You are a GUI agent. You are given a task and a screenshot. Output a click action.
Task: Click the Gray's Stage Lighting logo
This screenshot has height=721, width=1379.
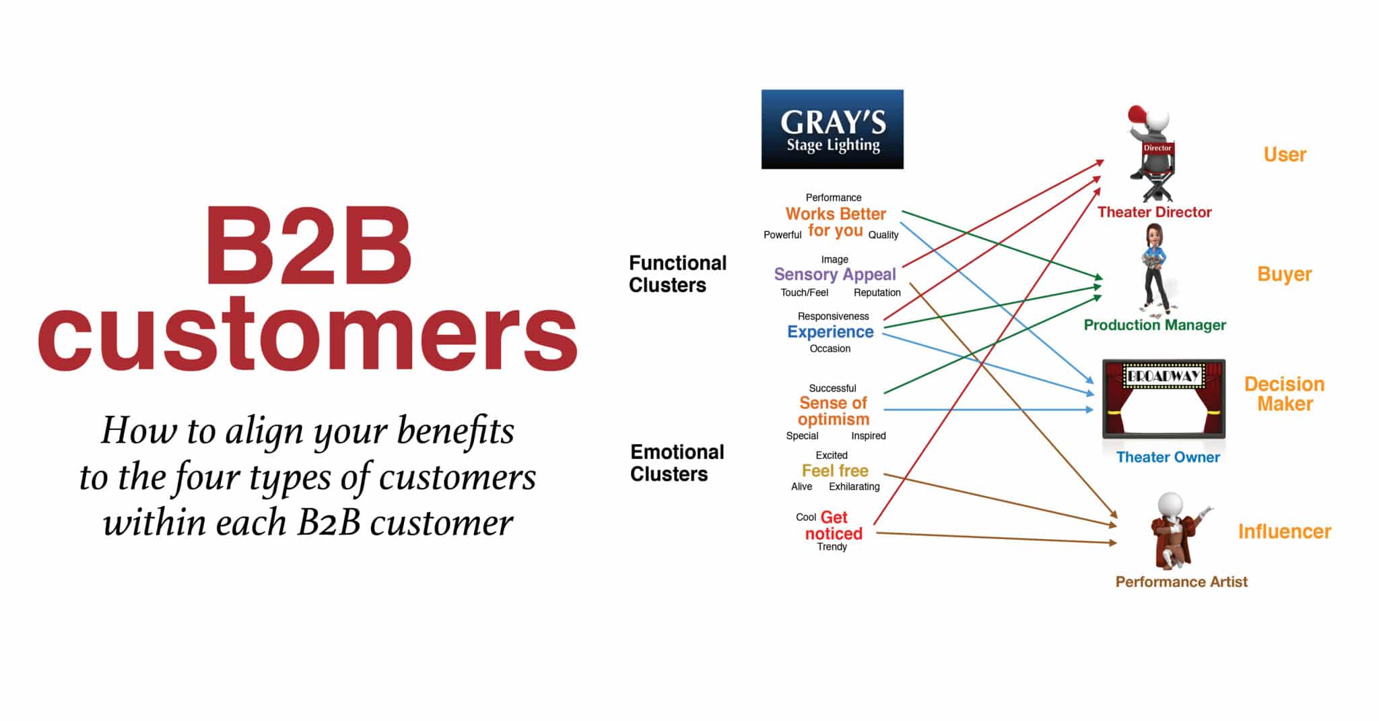click(x=832, y=129)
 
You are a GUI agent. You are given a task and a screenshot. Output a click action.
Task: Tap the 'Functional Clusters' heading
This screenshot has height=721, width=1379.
click(x=677, y=274)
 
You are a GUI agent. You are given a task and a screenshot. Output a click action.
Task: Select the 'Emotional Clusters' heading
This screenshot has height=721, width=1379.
click(x=677, y=463)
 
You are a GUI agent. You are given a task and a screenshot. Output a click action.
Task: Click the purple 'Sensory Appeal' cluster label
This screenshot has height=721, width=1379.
click(x=835, y=275)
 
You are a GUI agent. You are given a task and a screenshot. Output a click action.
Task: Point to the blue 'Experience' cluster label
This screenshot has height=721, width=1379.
click(x=830, y=332)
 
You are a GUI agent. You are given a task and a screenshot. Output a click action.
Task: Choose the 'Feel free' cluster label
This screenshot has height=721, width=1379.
click(x=835, y=470)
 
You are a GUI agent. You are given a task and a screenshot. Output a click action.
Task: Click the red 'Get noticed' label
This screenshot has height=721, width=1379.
click(x=834, y=526)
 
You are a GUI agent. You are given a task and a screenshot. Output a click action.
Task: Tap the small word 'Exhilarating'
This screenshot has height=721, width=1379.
click(x=854, y=487)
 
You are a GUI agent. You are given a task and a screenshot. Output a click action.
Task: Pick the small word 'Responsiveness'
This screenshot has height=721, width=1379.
click(x=833, y=316)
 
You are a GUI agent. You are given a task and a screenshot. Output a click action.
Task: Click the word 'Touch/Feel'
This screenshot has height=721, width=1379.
click(x=804, y=292)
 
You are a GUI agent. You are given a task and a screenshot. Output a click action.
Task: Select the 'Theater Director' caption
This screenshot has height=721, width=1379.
click(x=1154, y=212)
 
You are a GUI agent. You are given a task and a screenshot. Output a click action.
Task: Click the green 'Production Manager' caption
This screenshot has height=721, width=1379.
click(x=1155, y=325)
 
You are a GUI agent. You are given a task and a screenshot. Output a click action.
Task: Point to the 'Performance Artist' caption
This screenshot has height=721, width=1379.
click(x=1181, y=582)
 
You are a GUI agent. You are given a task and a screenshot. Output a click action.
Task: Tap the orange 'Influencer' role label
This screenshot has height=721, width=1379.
click(x=1284, y=532)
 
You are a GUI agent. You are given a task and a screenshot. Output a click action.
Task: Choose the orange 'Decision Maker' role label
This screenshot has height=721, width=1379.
click(x=1285, y=394)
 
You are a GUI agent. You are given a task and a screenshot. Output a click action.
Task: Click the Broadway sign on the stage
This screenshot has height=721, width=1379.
click(x=1164, y=376)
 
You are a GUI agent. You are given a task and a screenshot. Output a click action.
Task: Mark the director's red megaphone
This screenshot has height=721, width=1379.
click(x=1137, y=115)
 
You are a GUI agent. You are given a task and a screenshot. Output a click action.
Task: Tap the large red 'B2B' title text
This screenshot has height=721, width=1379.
click(x=308, y=247)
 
